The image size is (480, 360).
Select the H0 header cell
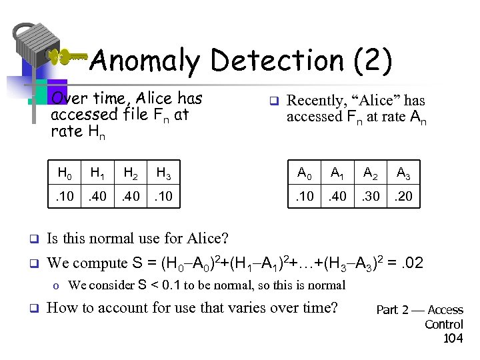tap(65, 175)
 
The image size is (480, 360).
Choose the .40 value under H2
tap(130, 197)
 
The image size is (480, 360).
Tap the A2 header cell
tap(371, 175)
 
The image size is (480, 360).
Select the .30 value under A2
tap(371, 197)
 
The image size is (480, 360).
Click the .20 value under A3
tap(403, 197)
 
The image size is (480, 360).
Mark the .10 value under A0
tap(305, 197)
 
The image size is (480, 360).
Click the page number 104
tap(453, 339)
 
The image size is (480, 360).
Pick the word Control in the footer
tap(444, 325)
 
